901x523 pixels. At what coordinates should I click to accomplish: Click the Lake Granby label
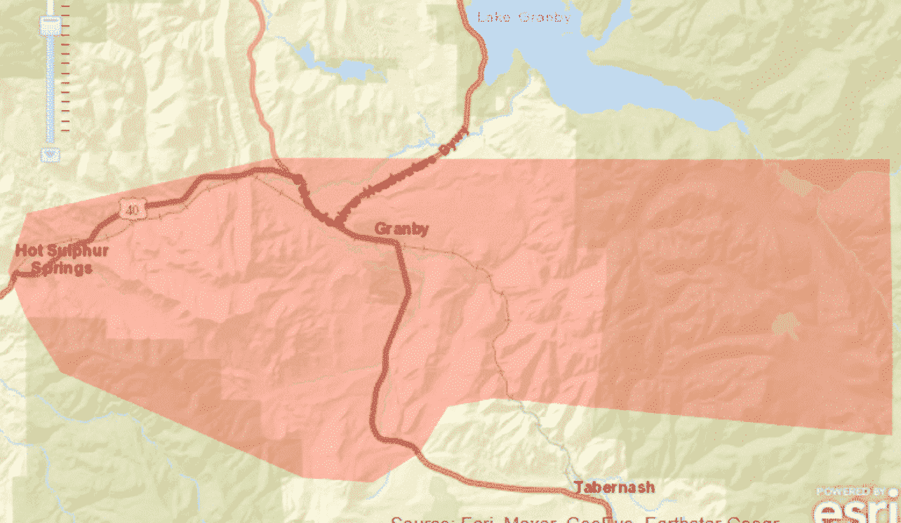pyautogui.click(x=523, y=17)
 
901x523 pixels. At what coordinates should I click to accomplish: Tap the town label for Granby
pyautogui.click(x=401, y=229)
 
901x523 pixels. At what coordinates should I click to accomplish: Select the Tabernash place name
pyautogui.click(x=614, y=487)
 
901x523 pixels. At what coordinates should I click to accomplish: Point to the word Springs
pyautogui.click(x=62, y=269)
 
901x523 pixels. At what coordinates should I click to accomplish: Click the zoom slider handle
pyautogui.click(x=51, y=26)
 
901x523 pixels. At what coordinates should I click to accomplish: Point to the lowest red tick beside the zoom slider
pyautogui.click(x=65, y=130)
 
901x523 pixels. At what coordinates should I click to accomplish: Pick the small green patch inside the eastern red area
pyautogui.click(x=785, y=325)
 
